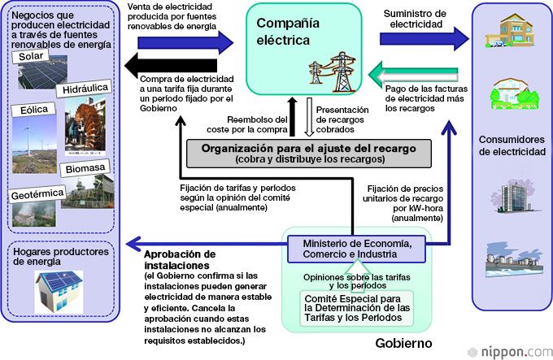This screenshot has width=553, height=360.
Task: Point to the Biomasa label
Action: (86, 168)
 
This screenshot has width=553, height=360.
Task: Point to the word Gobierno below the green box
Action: (403, 344)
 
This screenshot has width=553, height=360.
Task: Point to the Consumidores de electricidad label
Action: (511, 145)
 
